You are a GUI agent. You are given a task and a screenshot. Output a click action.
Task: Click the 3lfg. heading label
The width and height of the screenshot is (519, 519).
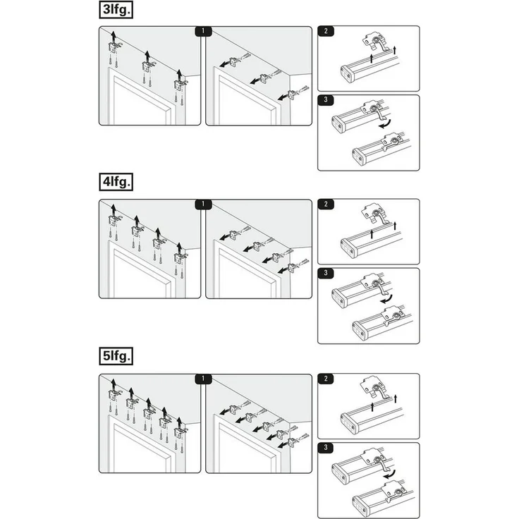pyautogui.click(x=116, y=10)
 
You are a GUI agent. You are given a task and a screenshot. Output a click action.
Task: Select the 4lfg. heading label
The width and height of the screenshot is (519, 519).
pyautogui.click(x=116, y=182)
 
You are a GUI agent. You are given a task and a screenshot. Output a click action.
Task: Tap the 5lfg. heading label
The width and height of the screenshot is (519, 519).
pyautogui.click(x=116, y=356)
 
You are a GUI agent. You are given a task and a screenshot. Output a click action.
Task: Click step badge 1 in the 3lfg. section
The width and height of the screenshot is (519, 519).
pyautogui.click(x=203, y=31)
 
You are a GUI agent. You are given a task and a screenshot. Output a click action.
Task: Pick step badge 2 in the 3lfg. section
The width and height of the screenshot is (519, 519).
pyautogui.click(x=326, y=31)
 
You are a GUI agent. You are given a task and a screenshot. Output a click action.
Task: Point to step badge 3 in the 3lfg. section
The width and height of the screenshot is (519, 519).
pyautogui.click(x=326, y=100)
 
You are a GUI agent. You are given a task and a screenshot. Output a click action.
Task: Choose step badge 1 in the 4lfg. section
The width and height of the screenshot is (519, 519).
pyautogui.click(x=203, y=204)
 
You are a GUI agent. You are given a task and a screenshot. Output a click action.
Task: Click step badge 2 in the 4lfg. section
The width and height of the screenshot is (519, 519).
pyautogui.click(x=326, y=204)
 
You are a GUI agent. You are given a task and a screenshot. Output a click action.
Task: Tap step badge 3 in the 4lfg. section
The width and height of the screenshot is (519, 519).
pyautogui.click(x=326, y=273)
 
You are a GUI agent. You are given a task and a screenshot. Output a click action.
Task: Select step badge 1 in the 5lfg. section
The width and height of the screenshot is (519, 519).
pyautogui.click(x=203, y=379)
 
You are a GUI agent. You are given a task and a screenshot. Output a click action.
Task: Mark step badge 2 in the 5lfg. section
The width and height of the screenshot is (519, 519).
pyautogui.click(x=326, y=379)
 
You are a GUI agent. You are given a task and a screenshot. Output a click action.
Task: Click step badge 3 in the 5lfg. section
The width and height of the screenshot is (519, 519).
pyautogui.click(x=326, y=448)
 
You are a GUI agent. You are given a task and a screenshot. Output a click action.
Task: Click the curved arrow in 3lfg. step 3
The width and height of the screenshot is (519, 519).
pyautogui.click(x=386, y=125)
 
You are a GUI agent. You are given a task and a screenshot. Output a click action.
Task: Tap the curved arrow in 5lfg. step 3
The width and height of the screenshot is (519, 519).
pyautogui.click(x=390, y=475)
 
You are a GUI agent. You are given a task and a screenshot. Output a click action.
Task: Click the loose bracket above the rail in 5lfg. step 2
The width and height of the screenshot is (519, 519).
pyautogui.click(x=373, y=387)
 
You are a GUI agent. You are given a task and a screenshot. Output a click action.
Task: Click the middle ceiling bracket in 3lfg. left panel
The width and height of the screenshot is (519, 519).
pyautogui.click(x=147, y=66)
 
